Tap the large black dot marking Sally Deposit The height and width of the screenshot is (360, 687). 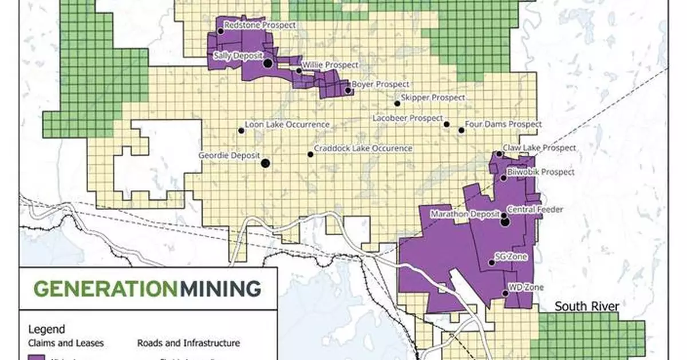click(x=267, y=64)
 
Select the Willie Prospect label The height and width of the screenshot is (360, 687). click(x=330, y=65)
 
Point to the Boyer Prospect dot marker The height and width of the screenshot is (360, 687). click(x=348, y=90)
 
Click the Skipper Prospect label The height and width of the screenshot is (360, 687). click(x=433, y=98)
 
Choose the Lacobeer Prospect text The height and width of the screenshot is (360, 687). click(x=408, y=117)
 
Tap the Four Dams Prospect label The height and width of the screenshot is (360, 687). click(x=503, y=124)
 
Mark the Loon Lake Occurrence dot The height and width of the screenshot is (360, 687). click(x=241, y=130)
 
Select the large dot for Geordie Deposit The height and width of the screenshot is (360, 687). click(x=266, y=163)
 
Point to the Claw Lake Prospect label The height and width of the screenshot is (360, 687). click(x=539, y=148)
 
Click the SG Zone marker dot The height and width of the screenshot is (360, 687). click(x=491, y=263)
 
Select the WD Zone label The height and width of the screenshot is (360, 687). click(x=526, y=287)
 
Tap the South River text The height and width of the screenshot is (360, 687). click(x=587, y=307)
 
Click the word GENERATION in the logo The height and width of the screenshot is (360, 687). click(x=106, y=287)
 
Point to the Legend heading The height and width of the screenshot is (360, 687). click(x=46, y=329)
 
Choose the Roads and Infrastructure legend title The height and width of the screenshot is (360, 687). click(x=188, y=343)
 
